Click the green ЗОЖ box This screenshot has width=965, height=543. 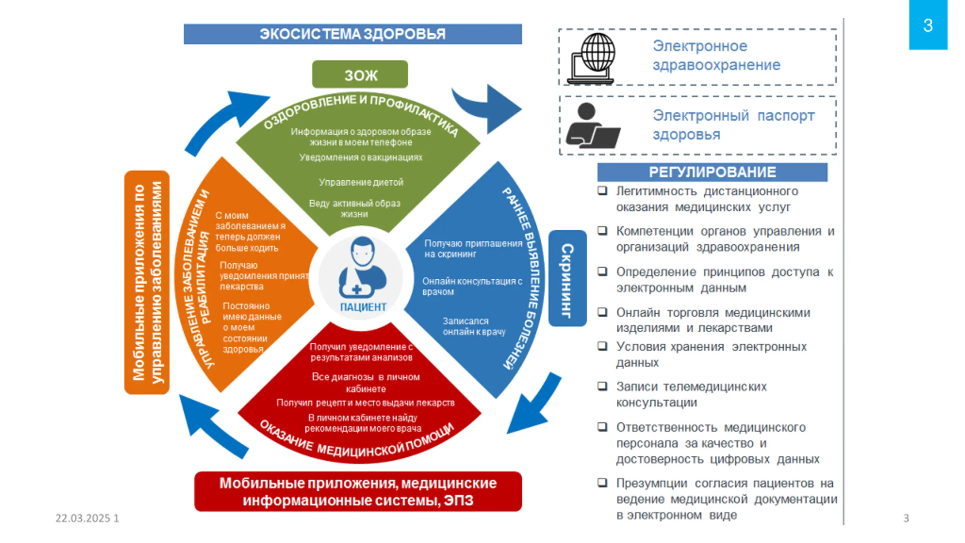(x=360, y=74)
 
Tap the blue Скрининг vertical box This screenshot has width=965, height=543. (x=567, y=278)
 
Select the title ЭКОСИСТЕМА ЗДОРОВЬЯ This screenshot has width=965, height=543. (x=352, y=34)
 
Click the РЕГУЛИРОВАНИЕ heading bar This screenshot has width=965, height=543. (x=712, y=172)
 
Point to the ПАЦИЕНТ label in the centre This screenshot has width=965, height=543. (x=363, y=307)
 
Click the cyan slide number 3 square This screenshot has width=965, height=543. (x=928, y=25)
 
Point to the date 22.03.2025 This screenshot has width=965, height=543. (x=83, y=518)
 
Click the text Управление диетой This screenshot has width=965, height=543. (x=361, y=182)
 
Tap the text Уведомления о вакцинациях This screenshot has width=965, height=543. (x=361, y=157)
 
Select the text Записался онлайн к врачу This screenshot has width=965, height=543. (x=474, y=326)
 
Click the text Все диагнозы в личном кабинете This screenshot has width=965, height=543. (x=366, y=382)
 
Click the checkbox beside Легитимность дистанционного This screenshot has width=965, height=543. (x=602, y=190)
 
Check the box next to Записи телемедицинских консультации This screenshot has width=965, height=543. (x=602, y=386)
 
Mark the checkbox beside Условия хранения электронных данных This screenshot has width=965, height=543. (x=602, y=346)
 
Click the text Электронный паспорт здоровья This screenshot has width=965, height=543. (x=733, y=125)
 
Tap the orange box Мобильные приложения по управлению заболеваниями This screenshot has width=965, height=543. (x=147, y=282)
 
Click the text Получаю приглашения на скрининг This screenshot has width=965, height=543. (x=473, y=248)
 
